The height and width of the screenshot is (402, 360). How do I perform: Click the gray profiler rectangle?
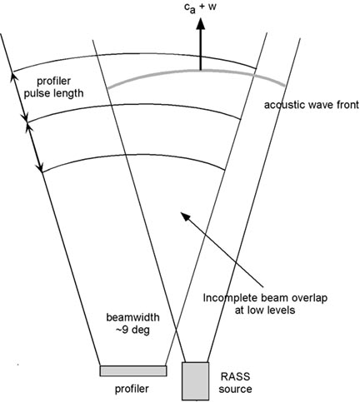[x=133, y=371]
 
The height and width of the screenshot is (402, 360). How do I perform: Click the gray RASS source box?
[x=195, y=381]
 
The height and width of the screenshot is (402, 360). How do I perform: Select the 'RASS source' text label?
[x=235, y=383]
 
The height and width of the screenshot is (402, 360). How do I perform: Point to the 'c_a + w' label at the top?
[x=200, y=7]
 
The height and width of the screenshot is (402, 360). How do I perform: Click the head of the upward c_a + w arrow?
[x=200, y=23]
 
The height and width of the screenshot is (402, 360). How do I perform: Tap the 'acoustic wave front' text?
[x=311, y=106]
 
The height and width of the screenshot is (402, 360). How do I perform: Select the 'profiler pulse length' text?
[x=53, y=87]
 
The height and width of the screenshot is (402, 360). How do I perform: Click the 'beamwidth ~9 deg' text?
[x=133, y=324]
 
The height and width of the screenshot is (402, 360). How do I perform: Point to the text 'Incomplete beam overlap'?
[x=265, y=298]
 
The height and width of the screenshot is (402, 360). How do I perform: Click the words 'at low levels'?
[x=265, y=310]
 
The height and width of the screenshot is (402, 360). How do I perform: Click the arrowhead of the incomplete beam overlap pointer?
[x=185, y=216]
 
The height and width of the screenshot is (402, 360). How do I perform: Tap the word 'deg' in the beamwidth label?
[x=141, y=330]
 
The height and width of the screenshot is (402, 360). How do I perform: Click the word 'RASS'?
[x=235, y=376]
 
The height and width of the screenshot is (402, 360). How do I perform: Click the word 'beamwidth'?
[x=133, y=317]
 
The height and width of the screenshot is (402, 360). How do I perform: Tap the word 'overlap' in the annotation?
[x=309, y=298]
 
